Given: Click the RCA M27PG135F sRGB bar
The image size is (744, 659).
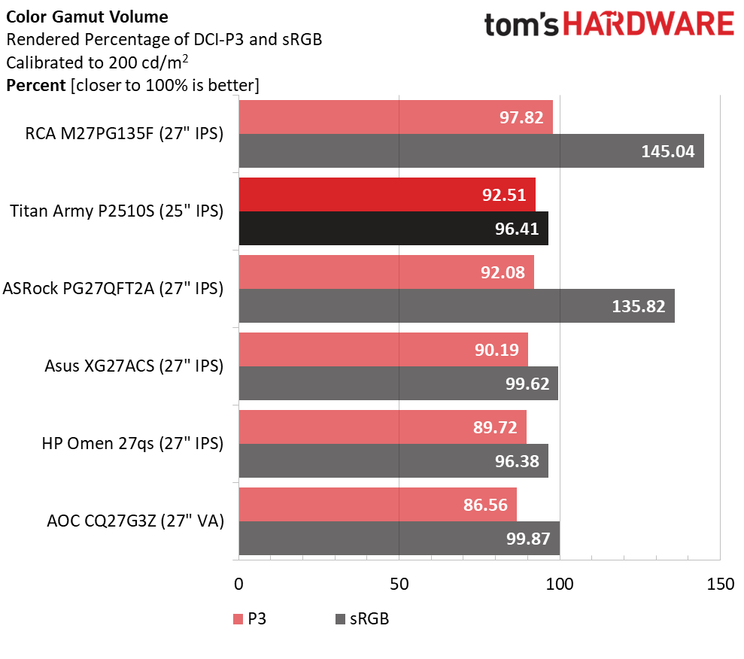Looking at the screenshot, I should point(471,151).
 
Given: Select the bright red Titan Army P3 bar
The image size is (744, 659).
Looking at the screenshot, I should point(387,195).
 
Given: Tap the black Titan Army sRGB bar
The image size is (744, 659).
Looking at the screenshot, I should point(393,228).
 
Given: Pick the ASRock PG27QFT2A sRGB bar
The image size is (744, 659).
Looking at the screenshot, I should point(456,306).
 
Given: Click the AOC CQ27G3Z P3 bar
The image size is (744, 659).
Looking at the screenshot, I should point(377,504).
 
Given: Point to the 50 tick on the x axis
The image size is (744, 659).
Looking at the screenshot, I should point(399,585).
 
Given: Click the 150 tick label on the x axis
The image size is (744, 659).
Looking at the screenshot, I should point(719,585).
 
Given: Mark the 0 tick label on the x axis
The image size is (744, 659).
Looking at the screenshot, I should point(239,585).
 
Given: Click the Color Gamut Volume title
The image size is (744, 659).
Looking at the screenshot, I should point(87,17).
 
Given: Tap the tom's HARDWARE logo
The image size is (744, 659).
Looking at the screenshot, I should point(609,25).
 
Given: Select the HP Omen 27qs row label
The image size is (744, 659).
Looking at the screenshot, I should point(132,444).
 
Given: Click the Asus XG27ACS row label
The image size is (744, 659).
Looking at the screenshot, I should point(134,366).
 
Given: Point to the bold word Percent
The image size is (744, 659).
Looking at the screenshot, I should point(35,86).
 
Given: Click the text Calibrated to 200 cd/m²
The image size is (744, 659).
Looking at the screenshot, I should point(96,63).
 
